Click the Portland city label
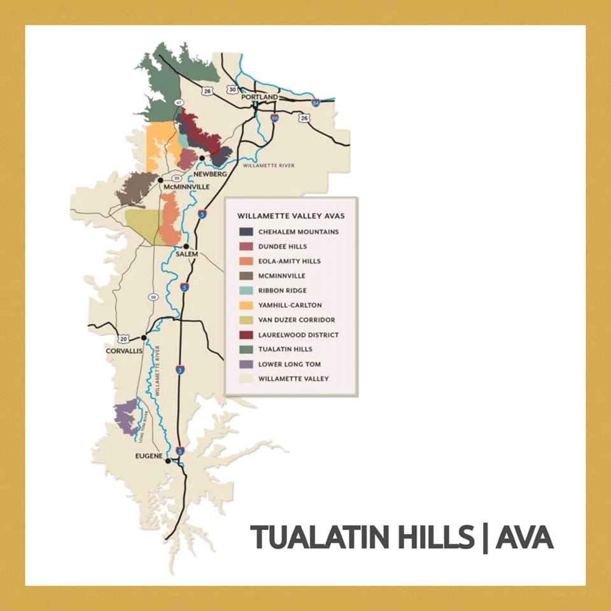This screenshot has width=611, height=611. [259, 97]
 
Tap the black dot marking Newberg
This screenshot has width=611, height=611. [202, 158]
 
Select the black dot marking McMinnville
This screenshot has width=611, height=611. [161, 180]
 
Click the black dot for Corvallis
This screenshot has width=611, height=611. [144, 337]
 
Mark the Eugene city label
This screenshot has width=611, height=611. [150, 456]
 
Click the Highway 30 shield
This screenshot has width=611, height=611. [232, 90]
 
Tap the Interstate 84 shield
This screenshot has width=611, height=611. [315, 102]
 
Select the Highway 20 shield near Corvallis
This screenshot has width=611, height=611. [123, 339]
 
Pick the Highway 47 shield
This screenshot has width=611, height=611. [179, 102]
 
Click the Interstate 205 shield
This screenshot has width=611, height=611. [274, 118]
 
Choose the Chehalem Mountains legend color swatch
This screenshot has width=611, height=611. [246, 232]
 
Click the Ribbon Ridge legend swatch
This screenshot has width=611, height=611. [246, 291]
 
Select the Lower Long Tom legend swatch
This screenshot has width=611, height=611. [246, 365]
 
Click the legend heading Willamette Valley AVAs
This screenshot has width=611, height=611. [291, 216]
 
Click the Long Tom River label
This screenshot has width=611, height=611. [144, 424]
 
